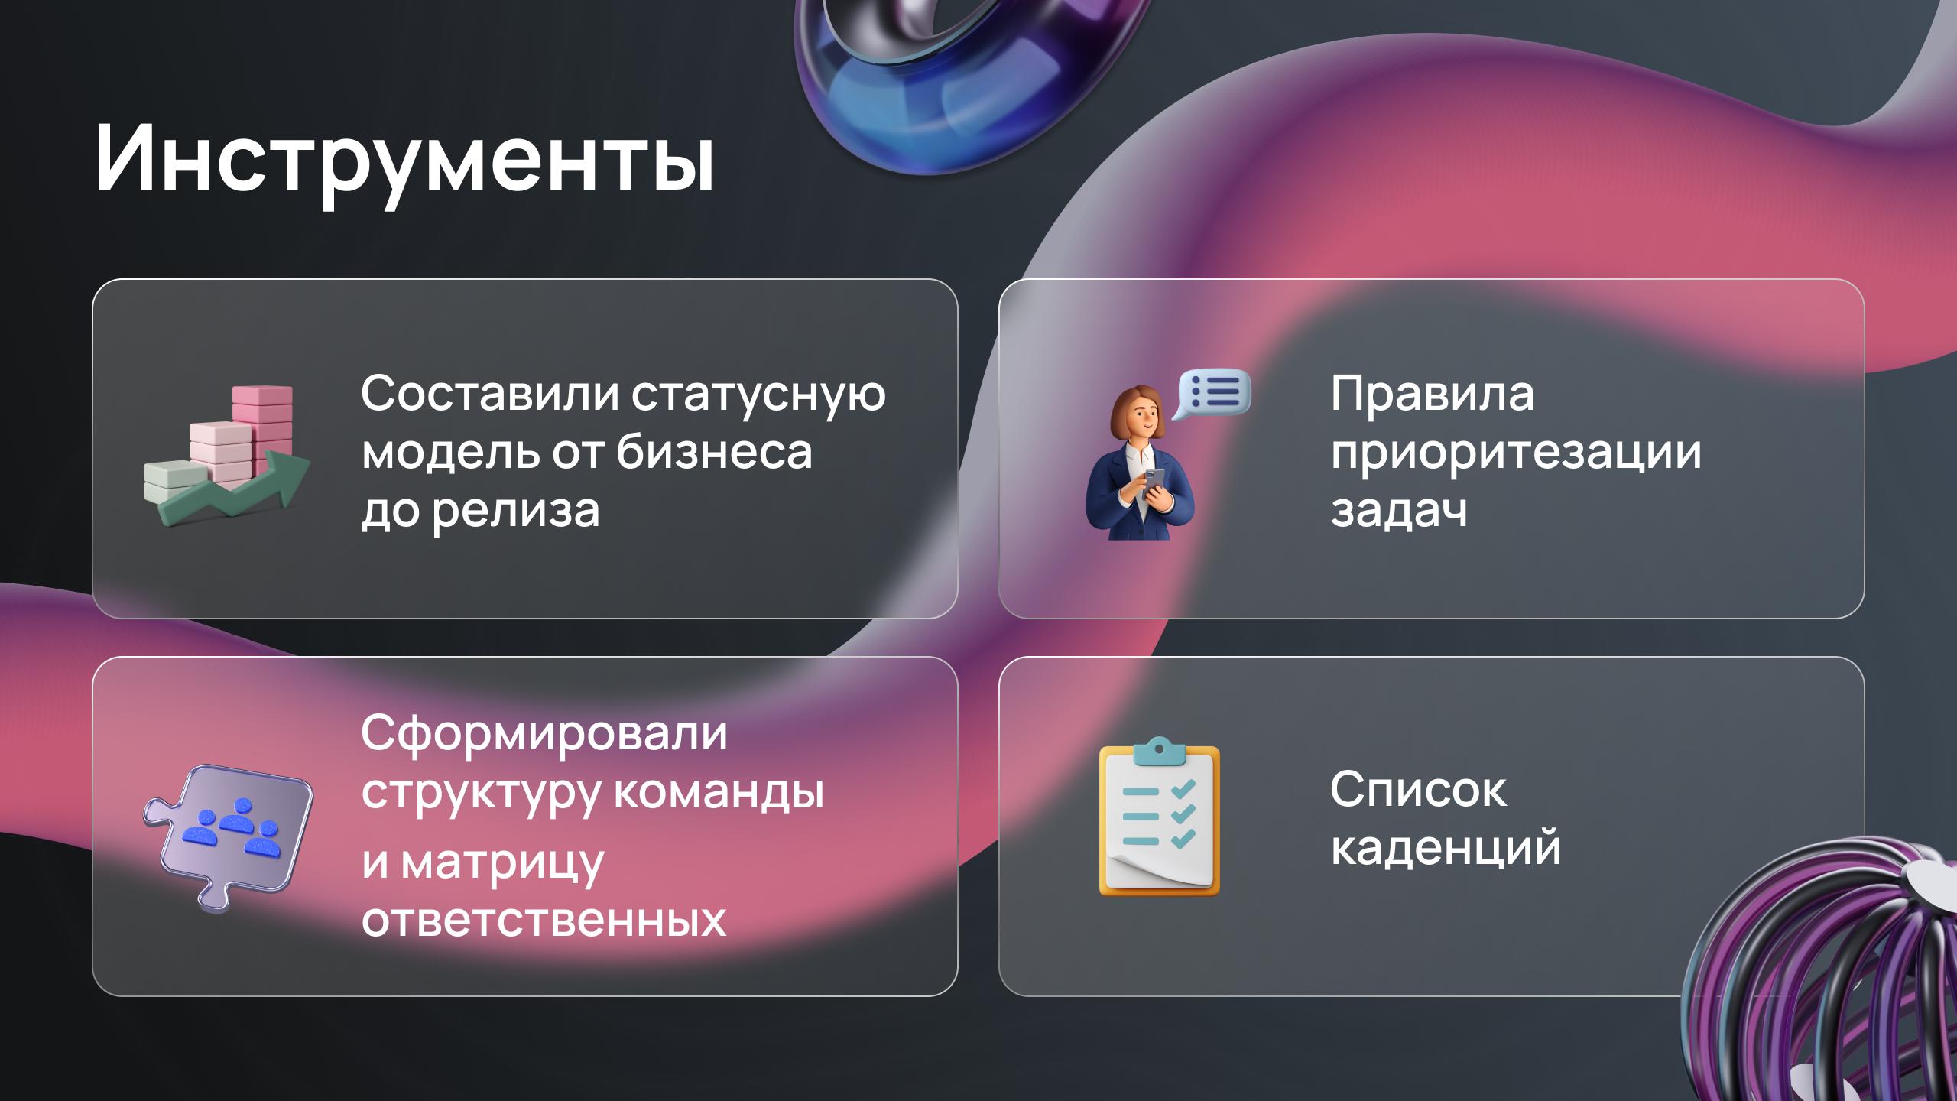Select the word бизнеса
(714, 452)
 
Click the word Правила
(1433, 395)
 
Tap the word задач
(1399, 510)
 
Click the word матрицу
(502, 862)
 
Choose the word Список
(1419, 790)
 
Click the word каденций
(1446, 849)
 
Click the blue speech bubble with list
(1213, 393)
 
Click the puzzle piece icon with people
(227, 838)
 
